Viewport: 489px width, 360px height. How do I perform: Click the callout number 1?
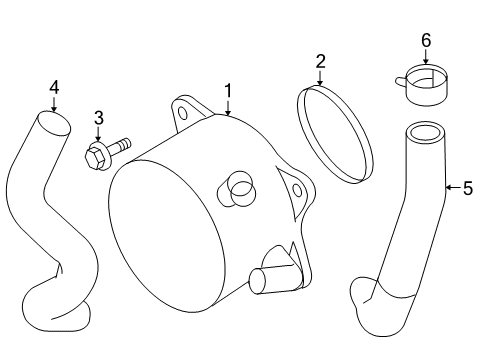tap(228, 91)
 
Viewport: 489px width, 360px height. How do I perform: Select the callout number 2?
tap(320, 62)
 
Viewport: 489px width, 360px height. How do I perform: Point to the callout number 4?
tap(53, 87)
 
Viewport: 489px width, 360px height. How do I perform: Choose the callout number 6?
tap(425, 40)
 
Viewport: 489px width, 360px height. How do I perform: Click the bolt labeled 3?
tap(104, 153)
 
